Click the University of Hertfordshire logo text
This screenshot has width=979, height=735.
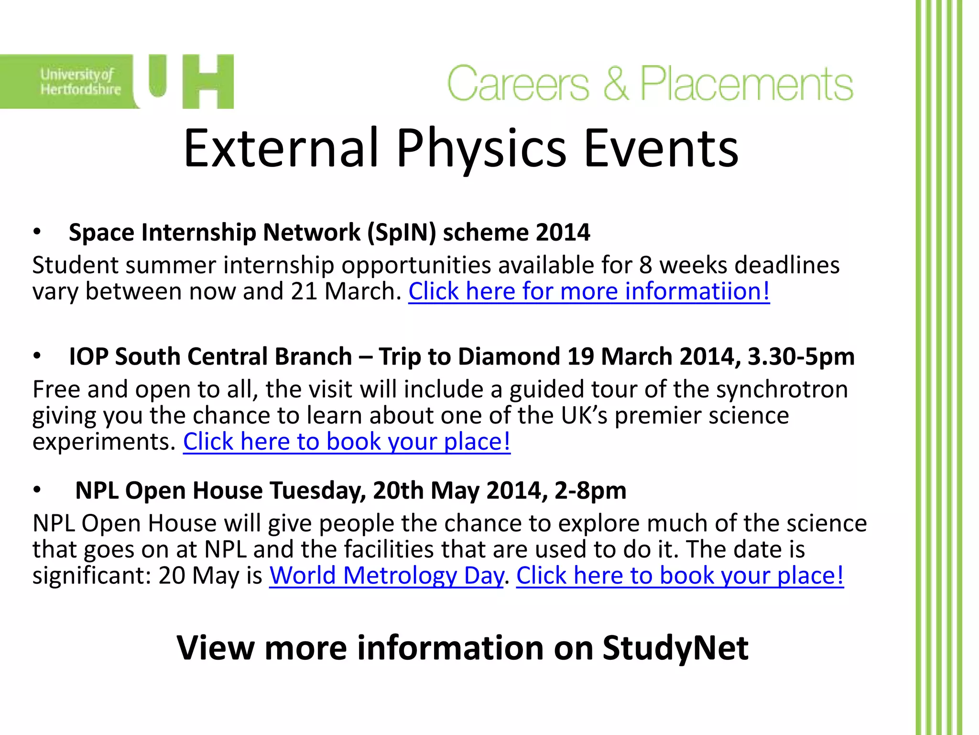(80, 82)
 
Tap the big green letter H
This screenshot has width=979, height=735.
(208, 82)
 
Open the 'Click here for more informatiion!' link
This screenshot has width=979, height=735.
(589, 291)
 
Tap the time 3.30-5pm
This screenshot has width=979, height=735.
(801, 357)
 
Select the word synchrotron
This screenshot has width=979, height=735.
(782, 390)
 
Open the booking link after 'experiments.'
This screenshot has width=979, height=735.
(347, 442)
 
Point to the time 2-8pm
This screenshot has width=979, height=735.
(590, 491)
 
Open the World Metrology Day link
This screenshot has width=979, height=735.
(386, 576)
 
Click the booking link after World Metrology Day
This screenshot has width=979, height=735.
(680, 576)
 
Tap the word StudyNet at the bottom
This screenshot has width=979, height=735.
(675, 648)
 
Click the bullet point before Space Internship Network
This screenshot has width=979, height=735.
(37, 233)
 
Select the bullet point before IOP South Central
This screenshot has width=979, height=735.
(37, 357)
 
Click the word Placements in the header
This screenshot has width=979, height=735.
(746, 84)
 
